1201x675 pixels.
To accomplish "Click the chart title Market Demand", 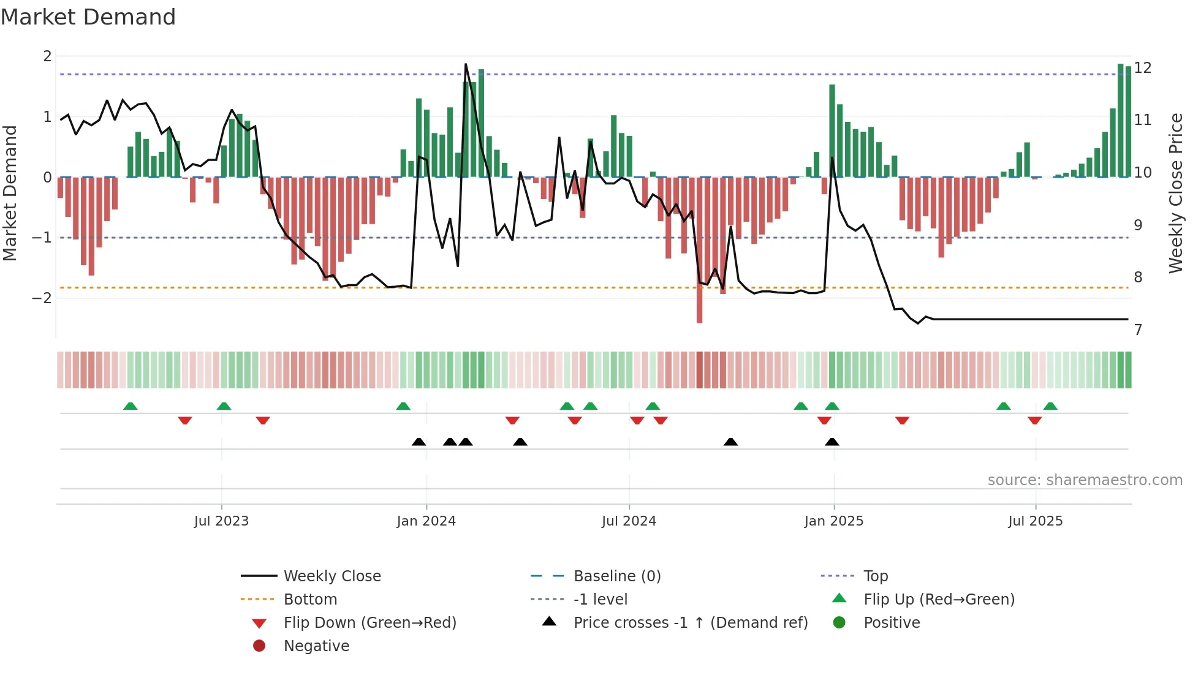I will pyautogui.click(x=88, y=17).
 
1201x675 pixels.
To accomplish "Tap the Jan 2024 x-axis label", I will pyautogui.click(x=426, y=521).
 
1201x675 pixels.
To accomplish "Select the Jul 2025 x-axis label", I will pyautogui.click(x=1035, y=521).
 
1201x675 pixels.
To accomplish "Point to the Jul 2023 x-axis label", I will pyautogui.click(x=221, y=521).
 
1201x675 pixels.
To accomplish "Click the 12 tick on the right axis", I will pyautogui.click(x=1143, y=68).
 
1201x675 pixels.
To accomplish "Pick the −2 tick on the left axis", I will pyautogui.click(x=42, y=298).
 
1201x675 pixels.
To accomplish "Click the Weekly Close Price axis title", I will pyautogui.click(x=1175, y=193).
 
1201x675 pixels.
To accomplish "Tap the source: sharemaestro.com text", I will pyautogui.click(x=1085, y=480).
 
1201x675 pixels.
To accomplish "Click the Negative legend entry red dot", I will pyautogui.click(x=259, y=646).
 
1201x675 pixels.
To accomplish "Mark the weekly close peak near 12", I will pyautogui.click(x=466, y=64).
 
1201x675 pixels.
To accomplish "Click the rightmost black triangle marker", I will pyautogui.click(x=832, y=442).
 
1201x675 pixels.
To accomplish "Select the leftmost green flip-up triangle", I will pyautogui.click(x=130, y=406).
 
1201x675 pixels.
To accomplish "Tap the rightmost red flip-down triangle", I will pyautogui.click(x=1034, y=420).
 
